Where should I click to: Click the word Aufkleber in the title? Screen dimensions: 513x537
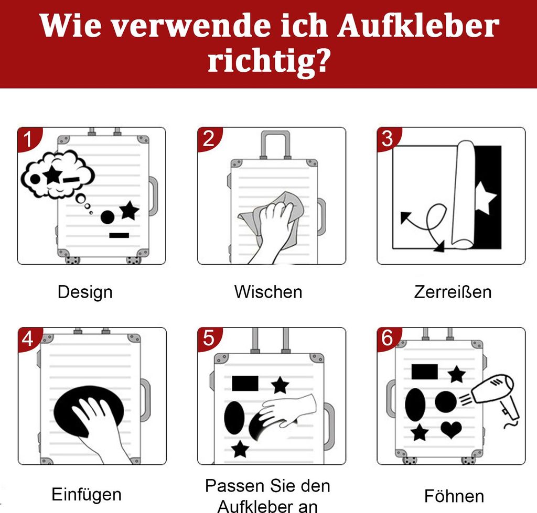[x=417, y=26]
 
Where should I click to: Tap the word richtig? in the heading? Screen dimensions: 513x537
[x=269, y=61]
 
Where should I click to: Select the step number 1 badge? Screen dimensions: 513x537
[x=28, y=138]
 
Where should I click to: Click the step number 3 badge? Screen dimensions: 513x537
[x=388, y=138]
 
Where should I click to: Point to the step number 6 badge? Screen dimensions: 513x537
[x=388, y=339]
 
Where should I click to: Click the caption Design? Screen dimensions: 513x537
[x=85, y=292]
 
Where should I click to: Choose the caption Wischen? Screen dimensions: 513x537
[x=268, y=292]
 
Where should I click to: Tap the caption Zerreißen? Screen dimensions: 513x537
[x=453, y=292]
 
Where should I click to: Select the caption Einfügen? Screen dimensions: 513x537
[x=87, y=494]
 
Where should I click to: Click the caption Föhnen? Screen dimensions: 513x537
[x=454, y=496]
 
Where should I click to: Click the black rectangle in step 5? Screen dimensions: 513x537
[x=245, y=384]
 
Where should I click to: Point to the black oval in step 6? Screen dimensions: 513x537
[x=415, y=405]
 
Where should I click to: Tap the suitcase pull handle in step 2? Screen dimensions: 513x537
[x=275, y=144]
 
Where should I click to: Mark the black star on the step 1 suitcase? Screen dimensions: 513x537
[x=129, y=211]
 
